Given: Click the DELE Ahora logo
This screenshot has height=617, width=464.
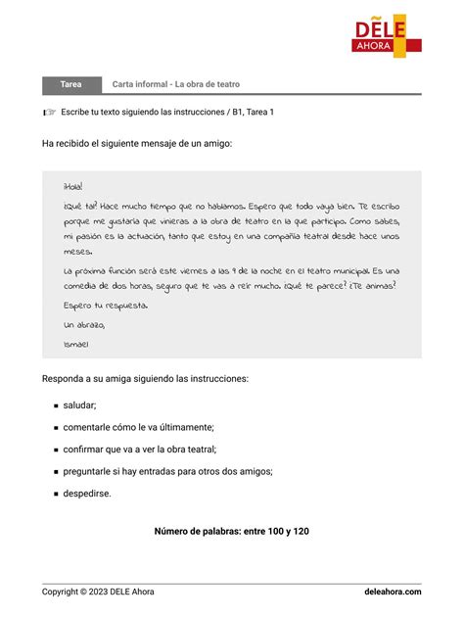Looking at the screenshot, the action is (x=388, y=35).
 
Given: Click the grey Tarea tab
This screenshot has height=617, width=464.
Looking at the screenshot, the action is (x=70, y=85).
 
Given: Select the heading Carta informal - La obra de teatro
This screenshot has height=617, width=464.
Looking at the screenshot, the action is (x=176, y=85).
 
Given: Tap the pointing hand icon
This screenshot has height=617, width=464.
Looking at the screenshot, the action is (x=49, y=112).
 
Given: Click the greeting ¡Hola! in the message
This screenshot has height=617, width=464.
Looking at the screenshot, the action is (x=73, y=186).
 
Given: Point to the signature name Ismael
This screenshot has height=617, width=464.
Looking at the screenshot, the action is (x=75, y=344).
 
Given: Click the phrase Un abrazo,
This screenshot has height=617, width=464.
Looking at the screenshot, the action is (x=84, y=324).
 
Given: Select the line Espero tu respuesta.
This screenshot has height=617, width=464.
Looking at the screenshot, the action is (x=105, y=305).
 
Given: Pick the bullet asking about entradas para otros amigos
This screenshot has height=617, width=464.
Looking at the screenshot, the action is (x=167, y=471).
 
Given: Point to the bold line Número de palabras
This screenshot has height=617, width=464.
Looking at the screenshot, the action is (x=231, y=531).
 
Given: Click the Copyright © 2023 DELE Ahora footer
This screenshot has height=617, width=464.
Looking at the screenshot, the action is (x=98, y=592).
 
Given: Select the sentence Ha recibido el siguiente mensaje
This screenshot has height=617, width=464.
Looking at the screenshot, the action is (x=137, y=143).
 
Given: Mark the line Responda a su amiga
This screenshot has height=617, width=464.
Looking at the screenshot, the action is (x=145, y=378).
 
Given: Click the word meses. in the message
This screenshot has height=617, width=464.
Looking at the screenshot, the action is (x=77, y=251).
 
